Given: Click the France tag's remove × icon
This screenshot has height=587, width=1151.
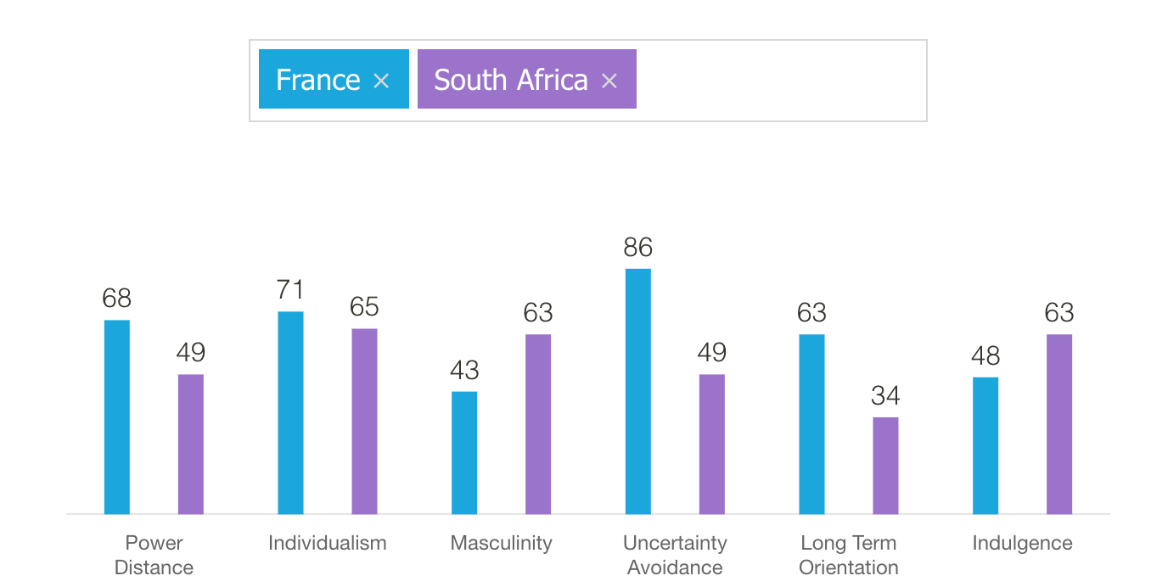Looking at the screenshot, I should (381, 81).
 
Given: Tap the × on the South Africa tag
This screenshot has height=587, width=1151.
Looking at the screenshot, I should (609, 81).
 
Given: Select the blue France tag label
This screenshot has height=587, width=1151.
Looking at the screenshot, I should (318, 80).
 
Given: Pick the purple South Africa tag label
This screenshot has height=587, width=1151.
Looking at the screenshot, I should (510, 80).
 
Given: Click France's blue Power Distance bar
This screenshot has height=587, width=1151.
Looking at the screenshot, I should (117, 417).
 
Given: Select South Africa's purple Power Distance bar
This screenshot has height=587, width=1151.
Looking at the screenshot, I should (191, 444).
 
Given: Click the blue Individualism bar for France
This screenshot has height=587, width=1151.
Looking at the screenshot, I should (290, 413).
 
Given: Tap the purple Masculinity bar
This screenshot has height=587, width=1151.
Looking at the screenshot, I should (538, 424).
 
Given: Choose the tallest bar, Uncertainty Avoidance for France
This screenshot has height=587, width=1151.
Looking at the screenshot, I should (638, 392).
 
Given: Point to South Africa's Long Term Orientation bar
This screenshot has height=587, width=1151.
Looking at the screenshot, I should (885, 466).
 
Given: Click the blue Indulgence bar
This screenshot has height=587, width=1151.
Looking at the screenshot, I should (985, 445).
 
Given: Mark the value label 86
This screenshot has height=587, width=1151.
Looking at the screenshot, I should (638, 247).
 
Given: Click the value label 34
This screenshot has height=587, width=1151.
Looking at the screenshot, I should (885, 395).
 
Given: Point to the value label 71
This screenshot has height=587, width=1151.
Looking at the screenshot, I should (290, 290).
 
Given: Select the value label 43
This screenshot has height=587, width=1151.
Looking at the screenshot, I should (464, 370).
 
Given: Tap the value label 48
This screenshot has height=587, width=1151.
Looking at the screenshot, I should (985, 355).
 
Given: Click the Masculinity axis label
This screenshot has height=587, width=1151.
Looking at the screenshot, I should (501, 543).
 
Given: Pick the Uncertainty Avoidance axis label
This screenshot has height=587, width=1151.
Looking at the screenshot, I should (675, 555).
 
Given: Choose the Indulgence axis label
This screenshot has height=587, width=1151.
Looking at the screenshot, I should (1022, 543).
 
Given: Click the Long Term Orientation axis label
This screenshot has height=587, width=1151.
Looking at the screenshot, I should (849, 555).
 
